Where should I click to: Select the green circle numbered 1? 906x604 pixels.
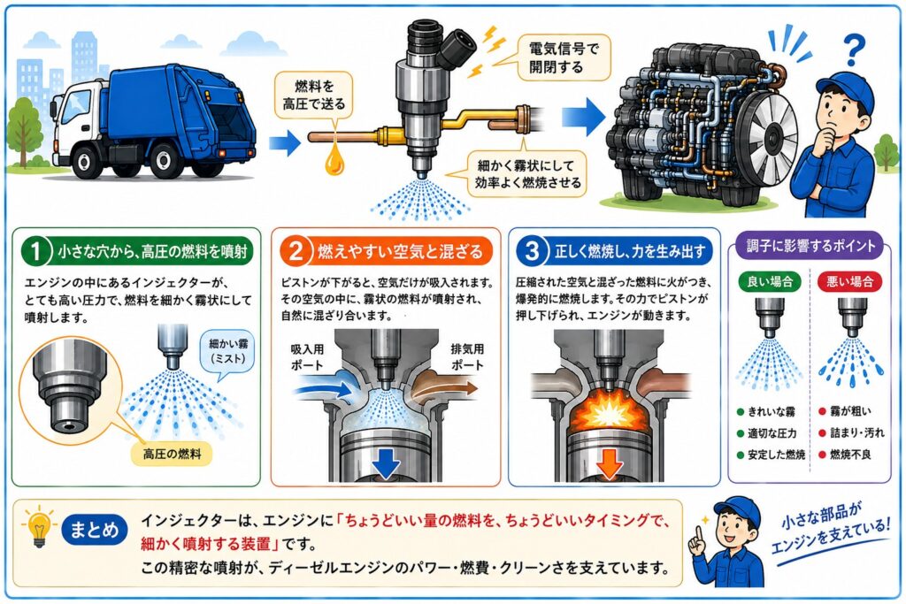[35, 251]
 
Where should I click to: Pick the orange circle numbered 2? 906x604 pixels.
[296, 251]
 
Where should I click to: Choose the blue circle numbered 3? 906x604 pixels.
[532, 251]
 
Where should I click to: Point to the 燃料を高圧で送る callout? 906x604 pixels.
[314, 96]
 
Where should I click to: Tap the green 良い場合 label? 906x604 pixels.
[770, 281]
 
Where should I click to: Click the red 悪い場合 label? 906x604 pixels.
[849, 281]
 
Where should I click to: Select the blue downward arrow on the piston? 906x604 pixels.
[386, 461]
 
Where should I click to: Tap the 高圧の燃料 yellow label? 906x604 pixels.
[173, 454]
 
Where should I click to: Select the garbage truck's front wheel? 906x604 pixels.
[85, 161]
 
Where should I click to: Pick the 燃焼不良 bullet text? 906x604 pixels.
[850, 455]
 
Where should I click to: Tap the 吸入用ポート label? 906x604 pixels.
[306, 357]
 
